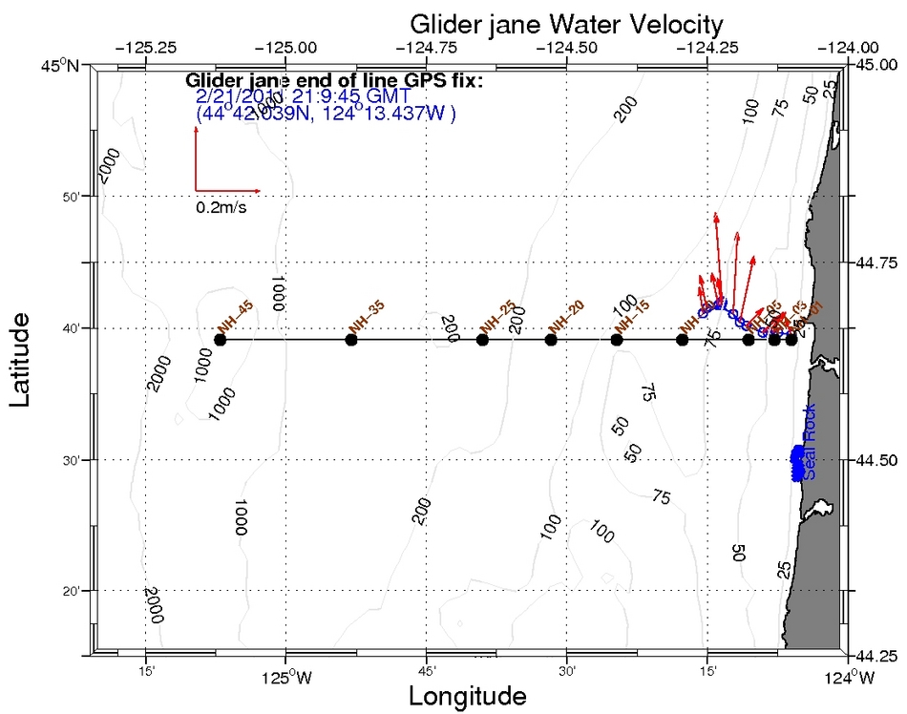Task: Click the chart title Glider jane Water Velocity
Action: point(565,23)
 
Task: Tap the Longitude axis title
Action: point(467,696)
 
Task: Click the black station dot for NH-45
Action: point(221,340)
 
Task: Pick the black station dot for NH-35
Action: point(351,340)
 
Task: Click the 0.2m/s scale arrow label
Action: point(221,207)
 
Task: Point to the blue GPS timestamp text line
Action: point(303,97)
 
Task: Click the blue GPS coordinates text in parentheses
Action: point(326,114)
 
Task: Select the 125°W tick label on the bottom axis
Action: point(285,680)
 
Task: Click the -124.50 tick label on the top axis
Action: point(567,46)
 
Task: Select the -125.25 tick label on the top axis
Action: point(145,46)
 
